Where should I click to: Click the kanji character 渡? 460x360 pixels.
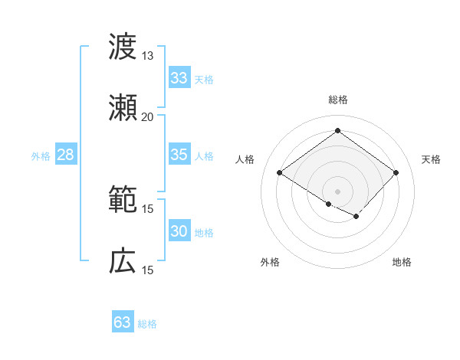pos(123,47)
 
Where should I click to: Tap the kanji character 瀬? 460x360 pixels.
pos(123,107)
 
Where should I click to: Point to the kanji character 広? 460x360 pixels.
pos(123,260)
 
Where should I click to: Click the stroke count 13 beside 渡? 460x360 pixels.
pos(147,56)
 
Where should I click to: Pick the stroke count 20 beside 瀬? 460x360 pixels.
pos(147,116)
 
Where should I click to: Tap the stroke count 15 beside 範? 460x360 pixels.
pos(147,208)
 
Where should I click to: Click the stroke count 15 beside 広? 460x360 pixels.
pos(147,270)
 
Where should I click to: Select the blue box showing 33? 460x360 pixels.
pos(179,78)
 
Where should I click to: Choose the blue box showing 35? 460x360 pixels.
pos(179,155)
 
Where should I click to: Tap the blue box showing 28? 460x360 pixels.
pos(65,155)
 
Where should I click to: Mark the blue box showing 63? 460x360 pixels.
pos(122,322)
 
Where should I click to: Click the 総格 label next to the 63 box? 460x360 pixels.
pos(147,324)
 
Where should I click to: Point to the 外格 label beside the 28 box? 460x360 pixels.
pos(41,156)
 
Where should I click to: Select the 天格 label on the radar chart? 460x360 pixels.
pos(431,159)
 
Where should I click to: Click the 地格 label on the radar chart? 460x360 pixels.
pos(402,262)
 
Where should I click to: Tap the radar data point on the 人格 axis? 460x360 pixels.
pos(280,173)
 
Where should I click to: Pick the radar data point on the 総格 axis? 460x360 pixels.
pos(337,131)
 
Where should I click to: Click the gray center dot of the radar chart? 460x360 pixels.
pos(337,191)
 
